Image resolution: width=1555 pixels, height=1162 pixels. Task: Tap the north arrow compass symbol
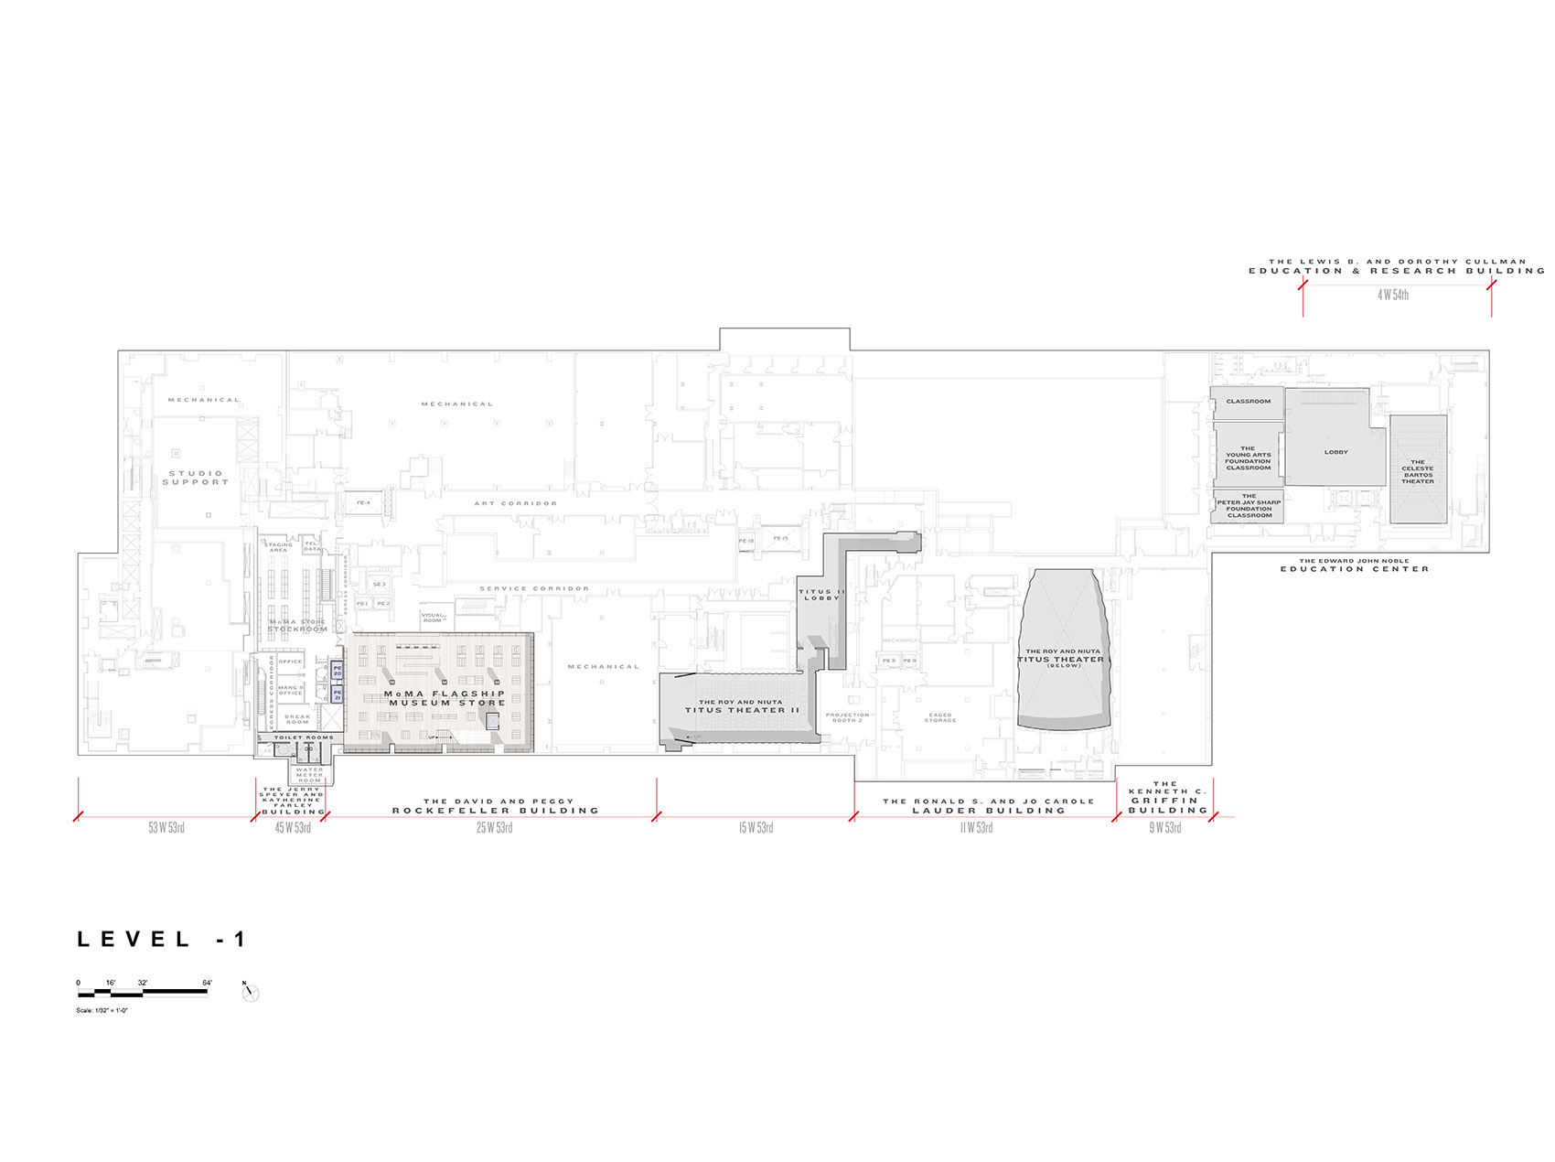251,993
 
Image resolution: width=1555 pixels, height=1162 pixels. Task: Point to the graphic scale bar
143,993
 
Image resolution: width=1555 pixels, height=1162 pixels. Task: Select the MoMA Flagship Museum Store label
445,698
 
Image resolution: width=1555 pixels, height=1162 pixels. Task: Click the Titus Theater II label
742,706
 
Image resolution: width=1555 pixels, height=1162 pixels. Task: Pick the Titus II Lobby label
821,595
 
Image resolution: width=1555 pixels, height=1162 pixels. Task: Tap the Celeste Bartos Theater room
1418,470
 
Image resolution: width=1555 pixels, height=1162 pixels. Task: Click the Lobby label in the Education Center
1335,452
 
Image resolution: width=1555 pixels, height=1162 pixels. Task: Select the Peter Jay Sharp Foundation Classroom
1249,506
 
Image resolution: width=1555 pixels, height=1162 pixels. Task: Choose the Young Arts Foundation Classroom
1248,458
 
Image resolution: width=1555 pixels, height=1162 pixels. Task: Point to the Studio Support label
196,478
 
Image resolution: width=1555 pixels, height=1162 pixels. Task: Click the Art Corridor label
515,503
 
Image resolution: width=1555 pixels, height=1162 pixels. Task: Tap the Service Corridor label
534,588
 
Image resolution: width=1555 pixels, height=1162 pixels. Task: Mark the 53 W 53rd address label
166,828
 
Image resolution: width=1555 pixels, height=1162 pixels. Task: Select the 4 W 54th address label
1393,295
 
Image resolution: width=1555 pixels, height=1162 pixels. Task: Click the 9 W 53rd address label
1164,828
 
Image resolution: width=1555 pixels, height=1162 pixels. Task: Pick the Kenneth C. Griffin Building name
1167,797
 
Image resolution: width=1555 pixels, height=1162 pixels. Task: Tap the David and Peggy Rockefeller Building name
496,806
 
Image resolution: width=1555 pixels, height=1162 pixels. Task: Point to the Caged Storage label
940,717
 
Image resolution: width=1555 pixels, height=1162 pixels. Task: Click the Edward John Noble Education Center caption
1354,565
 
